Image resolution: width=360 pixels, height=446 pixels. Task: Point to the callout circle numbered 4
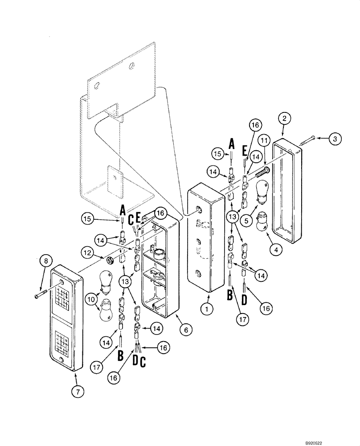click(x=275, y=250)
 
